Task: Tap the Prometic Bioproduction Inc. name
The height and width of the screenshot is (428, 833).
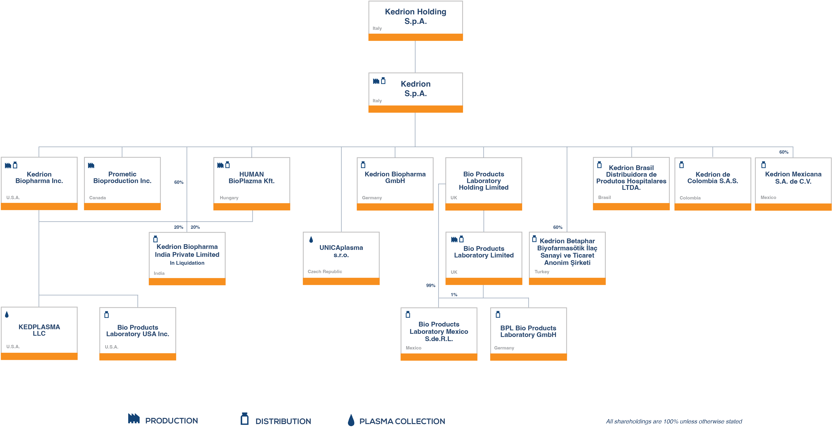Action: (122, 177)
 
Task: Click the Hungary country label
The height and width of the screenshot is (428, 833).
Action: (229, 198)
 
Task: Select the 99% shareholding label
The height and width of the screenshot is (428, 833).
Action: (430, 286)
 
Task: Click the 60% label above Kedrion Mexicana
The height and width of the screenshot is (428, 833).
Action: (783, 152)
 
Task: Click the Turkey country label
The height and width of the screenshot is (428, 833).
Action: (542, 272)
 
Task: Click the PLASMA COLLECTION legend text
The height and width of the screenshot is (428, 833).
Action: (402, 421)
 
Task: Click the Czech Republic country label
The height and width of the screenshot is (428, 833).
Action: (325, 272)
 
